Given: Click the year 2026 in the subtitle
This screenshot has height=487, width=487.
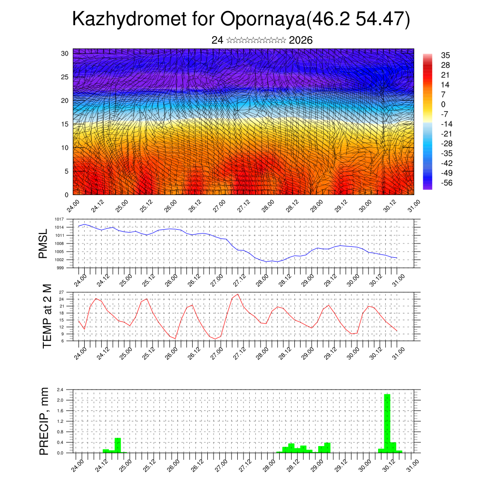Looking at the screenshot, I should coord(301,40).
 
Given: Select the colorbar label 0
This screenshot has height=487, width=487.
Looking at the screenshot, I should coord(443,104).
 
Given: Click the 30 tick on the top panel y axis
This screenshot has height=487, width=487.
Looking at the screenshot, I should coord(64,53).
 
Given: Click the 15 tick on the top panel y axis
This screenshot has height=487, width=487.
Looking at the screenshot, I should coord(64,124).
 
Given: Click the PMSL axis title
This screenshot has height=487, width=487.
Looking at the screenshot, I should coord(43,243).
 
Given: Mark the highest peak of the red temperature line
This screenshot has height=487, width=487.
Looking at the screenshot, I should coord(238,294).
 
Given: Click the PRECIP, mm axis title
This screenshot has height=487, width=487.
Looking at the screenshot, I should coord(44,420).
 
